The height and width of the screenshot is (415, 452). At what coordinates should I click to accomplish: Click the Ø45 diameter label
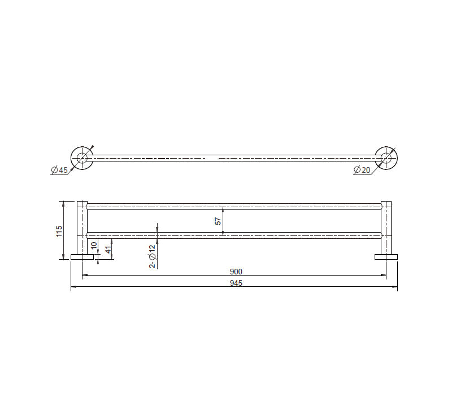(59, 170)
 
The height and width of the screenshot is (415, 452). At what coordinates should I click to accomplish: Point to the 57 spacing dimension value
(218, 221)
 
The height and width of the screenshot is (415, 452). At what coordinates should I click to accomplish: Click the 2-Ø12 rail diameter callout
(153, 256)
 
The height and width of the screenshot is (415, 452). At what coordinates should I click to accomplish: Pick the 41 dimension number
(108, 249)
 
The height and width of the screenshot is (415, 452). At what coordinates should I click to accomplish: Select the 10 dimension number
(94, 247)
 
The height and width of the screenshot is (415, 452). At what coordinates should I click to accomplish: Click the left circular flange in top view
(82, 158)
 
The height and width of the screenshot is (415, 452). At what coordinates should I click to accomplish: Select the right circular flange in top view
(386, 158)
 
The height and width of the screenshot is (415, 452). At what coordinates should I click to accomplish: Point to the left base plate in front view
(82, 257)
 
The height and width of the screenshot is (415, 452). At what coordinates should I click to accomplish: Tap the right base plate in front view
(386, 257)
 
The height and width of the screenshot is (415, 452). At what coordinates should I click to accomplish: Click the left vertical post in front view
(82, 226)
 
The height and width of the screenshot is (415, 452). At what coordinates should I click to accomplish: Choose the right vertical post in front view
(386, 226)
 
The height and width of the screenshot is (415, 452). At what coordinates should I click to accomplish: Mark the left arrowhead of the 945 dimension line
(73, 288)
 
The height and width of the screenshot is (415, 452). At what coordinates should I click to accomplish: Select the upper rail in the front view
(234, 205)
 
